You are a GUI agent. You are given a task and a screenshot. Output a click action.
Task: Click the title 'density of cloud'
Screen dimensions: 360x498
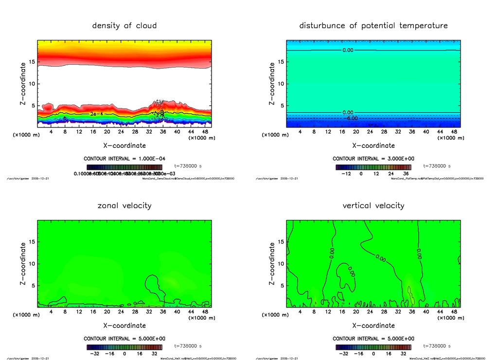pyautogui.click(x=124, y=25)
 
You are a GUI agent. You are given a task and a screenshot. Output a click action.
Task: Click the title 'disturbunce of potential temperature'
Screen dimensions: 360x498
pyautogui.click(x=373, y=25)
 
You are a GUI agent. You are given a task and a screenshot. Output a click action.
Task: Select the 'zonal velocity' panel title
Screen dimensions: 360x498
pyautogui.click(x=124, y=205)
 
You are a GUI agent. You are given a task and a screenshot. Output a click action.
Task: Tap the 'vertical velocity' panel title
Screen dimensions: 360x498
pyautogui.click(x=373, y=205)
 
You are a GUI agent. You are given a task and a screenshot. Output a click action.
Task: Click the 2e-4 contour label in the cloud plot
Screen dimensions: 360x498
pyautogui.click(x=96, y=113)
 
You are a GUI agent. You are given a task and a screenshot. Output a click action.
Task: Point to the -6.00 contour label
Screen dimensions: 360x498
pyautogui.click(x=351, y=118)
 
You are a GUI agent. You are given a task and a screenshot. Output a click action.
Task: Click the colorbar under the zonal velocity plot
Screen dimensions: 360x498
pyautogui.click(x=124, y=347)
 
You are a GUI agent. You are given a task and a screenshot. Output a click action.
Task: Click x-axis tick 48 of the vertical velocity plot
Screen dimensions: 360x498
pyautogui.click(x=454, y=311)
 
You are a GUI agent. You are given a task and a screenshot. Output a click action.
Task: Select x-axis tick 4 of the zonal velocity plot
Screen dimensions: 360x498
pyautogui.click(x=52, y=311)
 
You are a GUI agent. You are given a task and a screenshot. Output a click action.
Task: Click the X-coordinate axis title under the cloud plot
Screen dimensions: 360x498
pyautogui.click(x=124, y=145)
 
